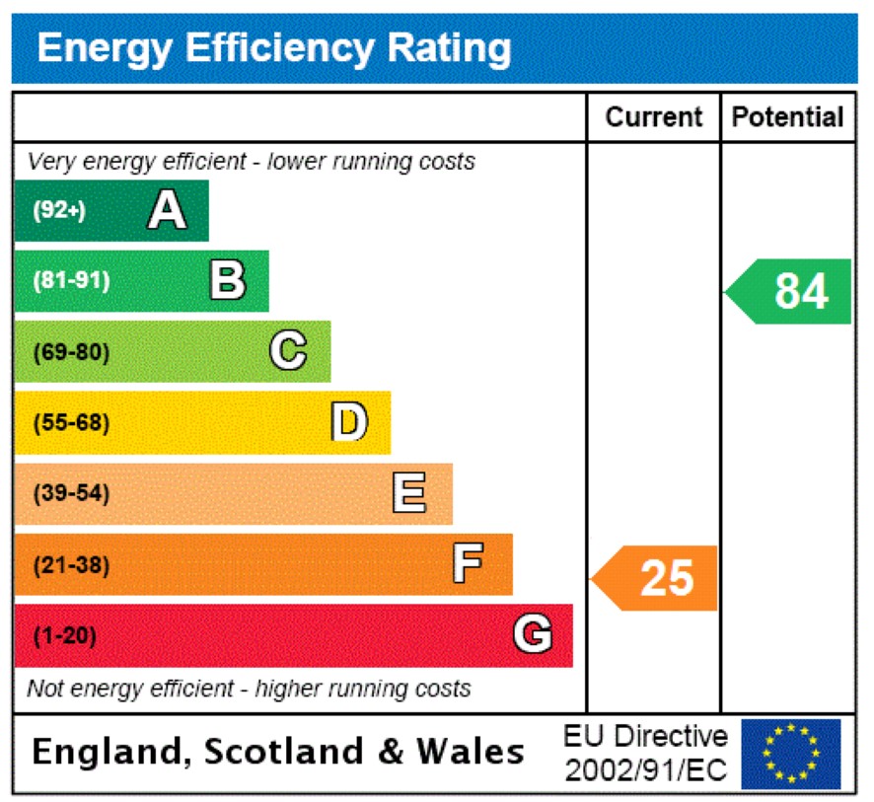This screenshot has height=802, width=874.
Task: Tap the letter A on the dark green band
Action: (167, 210)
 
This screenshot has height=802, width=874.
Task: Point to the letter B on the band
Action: (227, 280)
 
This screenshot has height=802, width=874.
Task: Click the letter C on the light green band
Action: (288, 351)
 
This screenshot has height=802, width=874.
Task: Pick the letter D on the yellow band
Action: (348, 422)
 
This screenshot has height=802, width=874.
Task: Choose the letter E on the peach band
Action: (409, 492)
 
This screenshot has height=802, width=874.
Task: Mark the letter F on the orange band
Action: (468, 564)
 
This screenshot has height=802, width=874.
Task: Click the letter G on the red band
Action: (532, 634)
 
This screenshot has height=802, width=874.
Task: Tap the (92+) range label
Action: (60, 210)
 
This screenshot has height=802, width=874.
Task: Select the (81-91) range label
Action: (72, 280)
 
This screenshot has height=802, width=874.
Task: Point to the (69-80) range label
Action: (72, 351)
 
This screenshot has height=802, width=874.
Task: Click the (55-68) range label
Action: (72, 422)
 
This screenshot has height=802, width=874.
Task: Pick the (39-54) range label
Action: (72, 493)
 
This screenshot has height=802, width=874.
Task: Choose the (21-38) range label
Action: (72, 565)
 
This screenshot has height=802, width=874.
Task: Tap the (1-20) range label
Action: (65, 636)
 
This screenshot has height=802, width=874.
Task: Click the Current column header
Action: (654, 117)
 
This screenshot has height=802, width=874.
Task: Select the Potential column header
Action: (788, 117)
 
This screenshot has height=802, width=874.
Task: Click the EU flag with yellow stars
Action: (791, 754)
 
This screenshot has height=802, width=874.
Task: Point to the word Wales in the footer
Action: (470, 753)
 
